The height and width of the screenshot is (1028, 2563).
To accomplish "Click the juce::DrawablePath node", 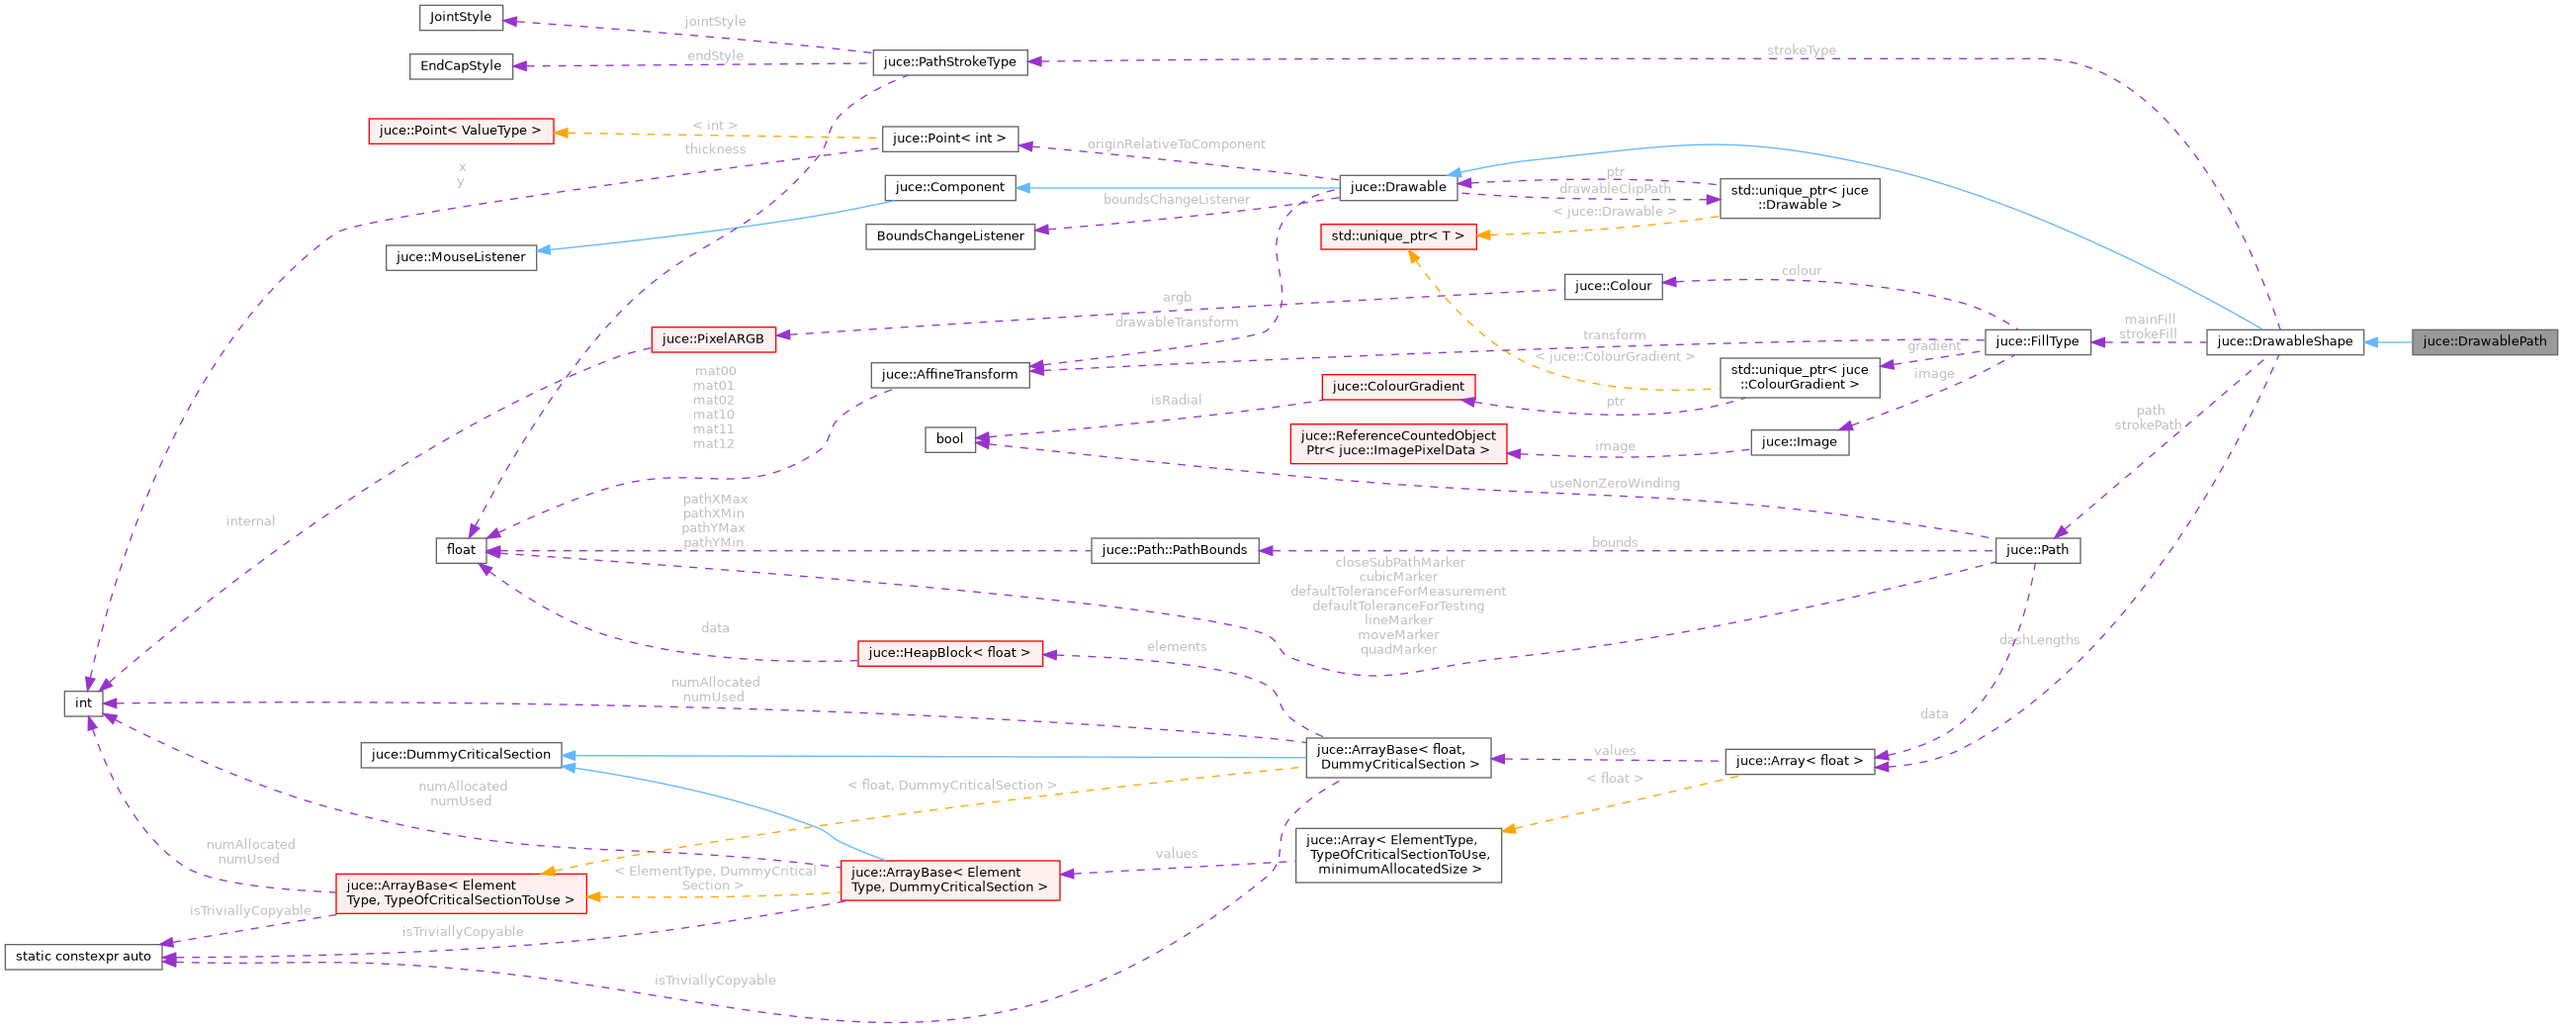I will coord(2485,341).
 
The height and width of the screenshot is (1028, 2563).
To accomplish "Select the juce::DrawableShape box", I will coord(2284,341).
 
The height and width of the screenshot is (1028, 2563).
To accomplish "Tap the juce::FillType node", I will coord(2037,341).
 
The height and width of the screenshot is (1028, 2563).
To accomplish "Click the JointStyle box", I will coord(461,17).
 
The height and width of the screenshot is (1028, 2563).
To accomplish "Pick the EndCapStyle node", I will coord(461,65).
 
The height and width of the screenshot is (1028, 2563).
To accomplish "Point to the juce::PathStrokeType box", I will coord(949,61).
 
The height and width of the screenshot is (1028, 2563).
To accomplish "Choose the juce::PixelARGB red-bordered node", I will coord(712,338).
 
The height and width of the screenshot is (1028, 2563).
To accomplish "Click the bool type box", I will coord(949,439).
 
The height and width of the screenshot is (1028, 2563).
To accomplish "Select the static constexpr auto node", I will coord(84,957).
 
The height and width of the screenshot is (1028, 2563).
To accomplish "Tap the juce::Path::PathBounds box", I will coord(1174,549).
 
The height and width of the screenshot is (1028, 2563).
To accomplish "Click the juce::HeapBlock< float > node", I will coord(949,653).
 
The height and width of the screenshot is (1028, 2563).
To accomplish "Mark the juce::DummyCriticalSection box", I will coord(461,754).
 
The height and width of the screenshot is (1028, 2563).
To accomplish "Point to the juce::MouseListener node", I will coord(461,256).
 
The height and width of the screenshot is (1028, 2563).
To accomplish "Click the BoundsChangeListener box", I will coord(949,235).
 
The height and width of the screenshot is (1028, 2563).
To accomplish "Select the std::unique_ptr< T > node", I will coord(1397,235).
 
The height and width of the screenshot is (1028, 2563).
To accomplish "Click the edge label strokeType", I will coord(1801,50).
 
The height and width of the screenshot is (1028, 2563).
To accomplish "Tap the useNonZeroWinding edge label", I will coord(1614,483).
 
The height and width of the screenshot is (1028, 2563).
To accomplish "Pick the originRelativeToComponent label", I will coord(1175,144).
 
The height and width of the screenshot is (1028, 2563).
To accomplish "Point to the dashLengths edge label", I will coord(2039,640).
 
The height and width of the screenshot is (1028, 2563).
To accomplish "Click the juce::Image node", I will coord(1799,442).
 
